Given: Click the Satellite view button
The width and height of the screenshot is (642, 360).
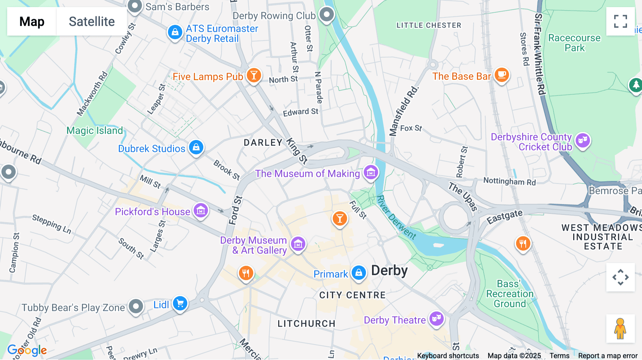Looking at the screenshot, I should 92,21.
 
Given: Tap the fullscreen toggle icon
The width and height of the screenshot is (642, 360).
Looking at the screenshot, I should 620,21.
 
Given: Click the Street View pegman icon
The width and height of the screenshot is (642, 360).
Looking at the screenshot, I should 620,328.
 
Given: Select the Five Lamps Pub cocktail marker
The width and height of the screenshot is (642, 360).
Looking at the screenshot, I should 254,75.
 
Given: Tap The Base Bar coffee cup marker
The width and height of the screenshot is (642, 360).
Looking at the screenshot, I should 501,75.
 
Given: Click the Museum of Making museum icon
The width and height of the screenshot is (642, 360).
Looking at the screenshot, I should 371,173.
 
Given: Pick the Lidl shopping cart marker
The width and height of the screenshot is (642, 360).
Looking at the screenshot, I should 180,303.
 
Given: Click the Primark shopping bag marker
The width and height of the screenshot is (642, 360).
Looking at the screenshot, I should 358,273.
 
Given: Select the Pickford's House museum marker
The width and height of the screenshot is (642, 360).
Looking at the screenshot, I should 201,211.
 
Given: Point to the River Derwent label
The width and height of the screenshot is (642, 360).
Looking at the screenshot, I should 396,217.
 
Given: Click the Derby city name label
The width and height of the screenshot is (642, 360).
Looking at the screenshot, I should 389,271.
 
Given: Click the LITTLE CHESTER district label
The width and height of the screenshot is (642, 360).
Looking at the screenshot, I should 429,25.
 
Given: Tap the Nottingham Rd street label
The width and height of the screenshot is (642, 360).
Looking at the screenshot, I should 509,181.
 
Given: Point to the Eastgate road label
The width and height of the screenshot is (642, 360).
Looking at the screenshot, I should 505,216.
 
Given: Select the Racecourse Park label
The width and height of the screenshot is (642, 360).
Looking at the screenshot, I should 574,43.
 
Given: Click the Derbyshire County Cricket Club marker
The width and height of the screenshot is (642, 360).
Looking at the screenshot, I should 583,140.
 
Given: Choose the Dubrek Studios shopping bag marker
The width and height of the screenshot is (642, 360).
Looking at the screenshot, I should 196,147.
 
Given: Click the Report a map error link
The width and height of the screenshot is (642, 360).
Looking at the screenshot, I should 608,356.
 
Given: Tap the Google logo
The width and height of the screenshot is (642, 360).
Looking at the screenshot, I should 27,350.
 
